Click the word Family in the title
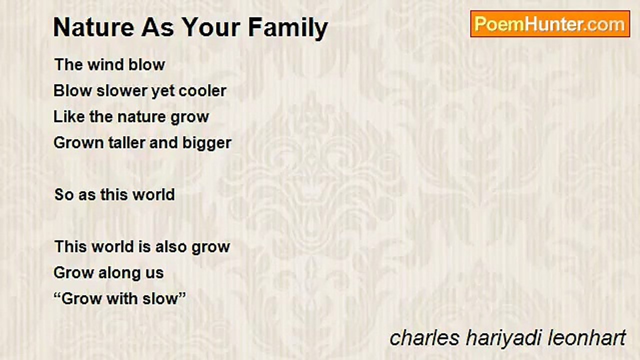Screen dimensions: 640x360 (288, 28)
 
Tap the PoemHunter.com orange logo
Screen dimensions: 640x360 (550, 24)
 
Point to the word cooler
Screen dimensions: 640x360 (202, 91)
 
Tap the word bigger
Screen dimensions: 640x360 (207, 143)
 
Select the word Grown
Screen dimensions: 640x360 (78, 143)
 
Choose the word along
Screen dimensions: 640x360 (119, 273)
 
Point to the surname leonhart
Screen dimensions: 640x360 (587, 338)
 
